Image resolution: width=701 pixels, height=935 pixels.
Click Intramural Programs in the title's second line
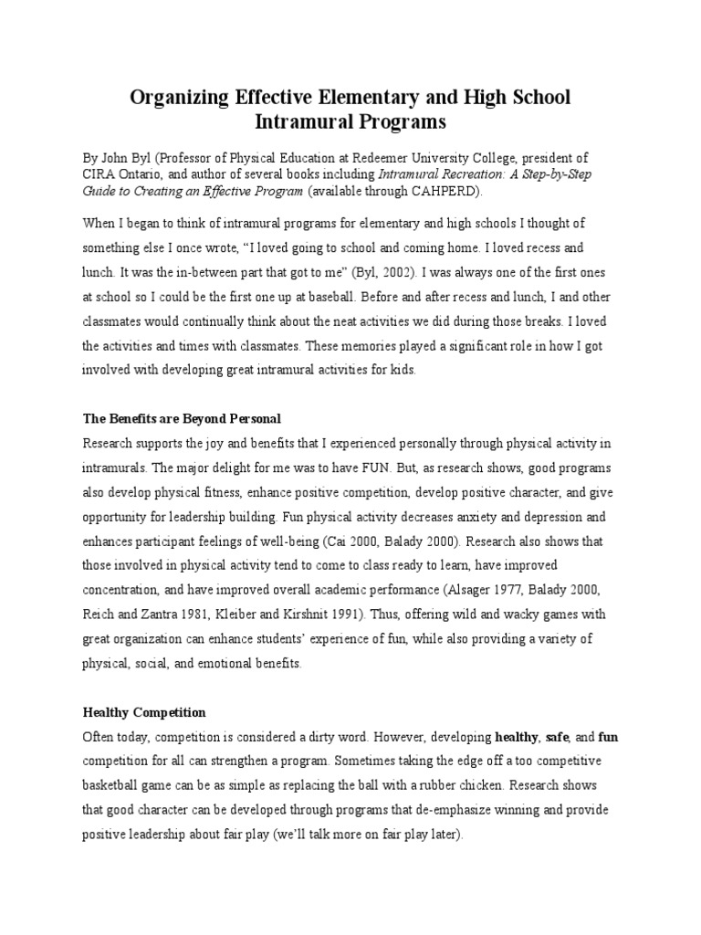point(350,121)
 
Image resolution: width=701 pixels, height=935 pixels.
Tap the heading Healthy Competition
point(144,711)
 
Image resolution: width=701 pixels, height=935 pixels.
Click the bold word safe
point(558,736)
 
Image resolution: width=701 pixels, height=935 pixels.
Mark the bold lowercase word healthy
point(517,736)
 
